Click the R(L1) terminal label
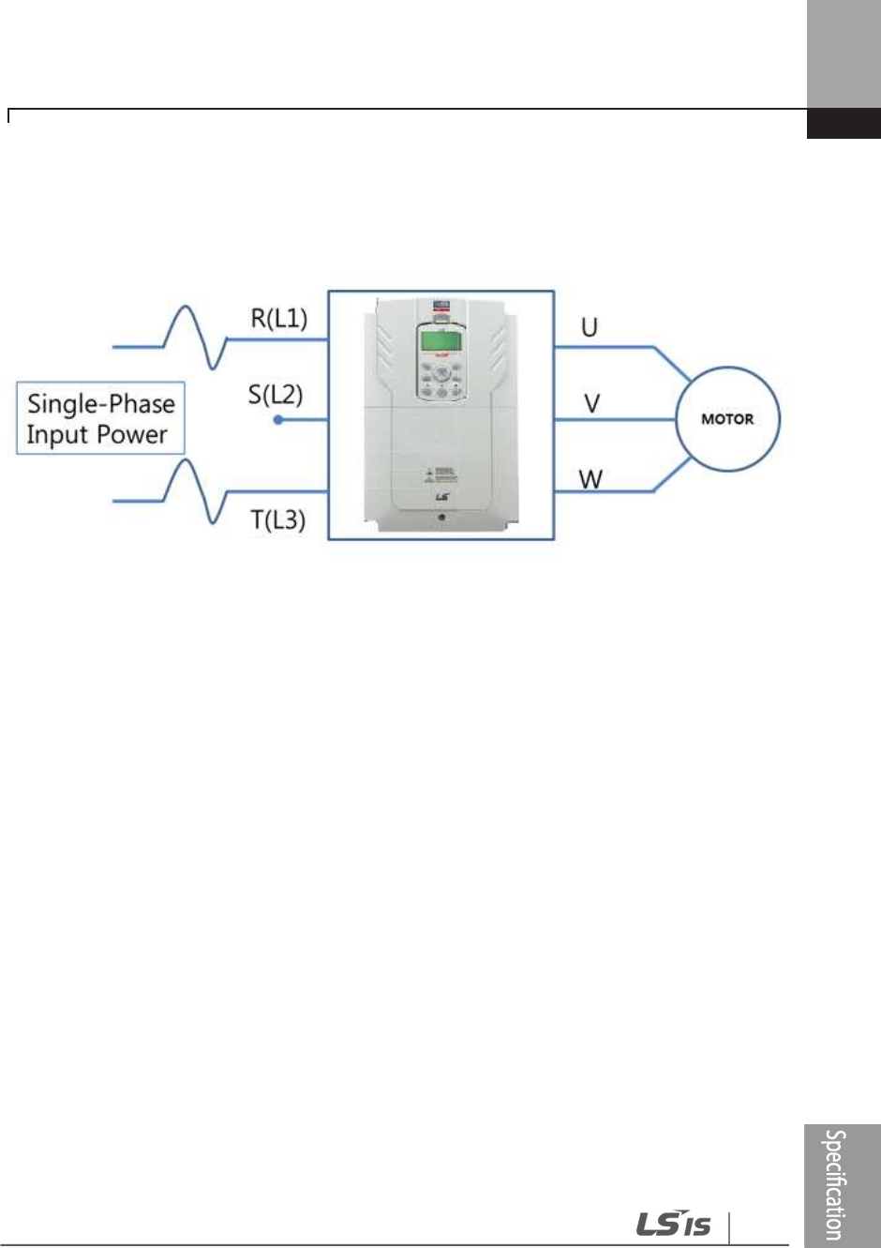coord(278,318)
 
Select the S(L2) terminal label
coord(276,394)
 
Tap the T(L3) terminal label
coord(278,519)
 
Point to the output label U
coord(590,327)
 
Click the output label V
coord(591,403)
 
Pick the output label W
coord(590,480)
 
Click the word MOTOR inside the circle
coord(727,419)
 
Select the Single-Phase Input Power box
coord(100,418)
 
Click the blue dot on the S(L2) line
coord(278,420)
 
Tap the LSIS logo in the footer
coord(674,1224)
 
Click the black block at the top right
coord(844,124)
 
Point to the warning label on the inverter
coord(440,474)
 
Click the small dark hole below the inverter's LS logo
coord(440,517)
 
